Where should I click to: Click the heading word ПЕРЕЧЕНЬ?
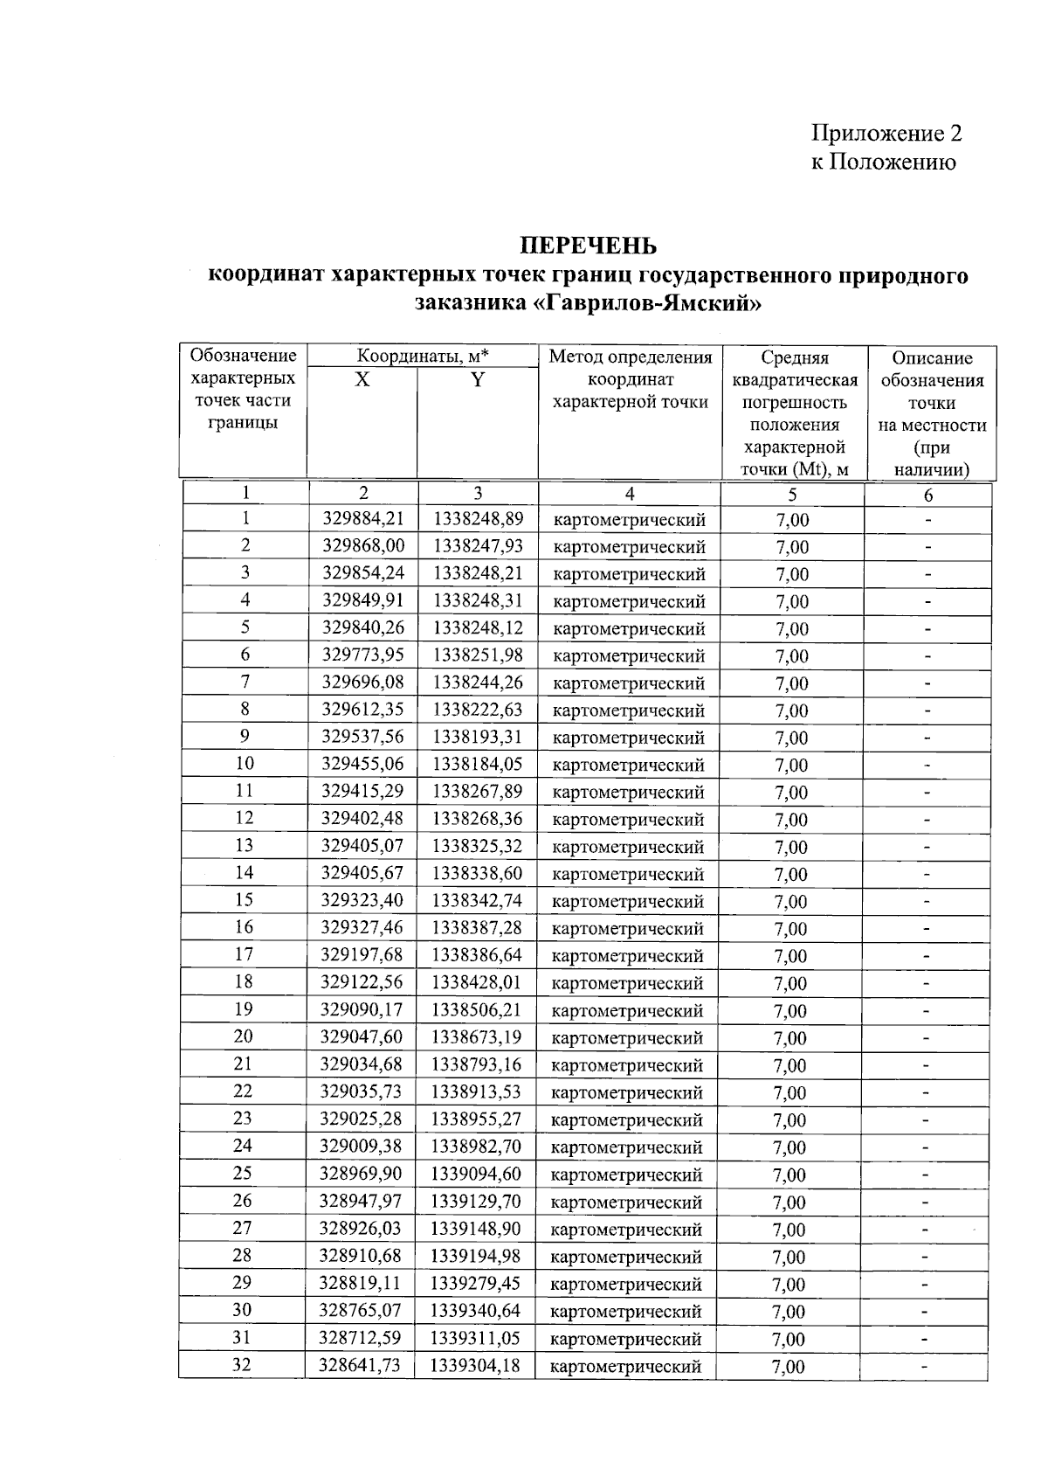(x=589, y=245)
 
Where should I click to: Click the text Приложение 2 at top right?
(x=887, y=133)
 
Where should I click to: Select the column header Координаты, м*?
(x=423, y=357)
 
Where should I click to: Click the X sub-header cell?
(x=362, y=380)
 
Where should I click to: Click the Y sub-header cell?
(x=477, y=380)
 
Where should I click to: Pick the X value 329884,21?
(x=362, y=519)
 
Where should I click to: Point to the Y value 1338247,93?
(x=478, y=546)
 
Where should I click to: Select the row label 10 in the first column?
(x=245, y=763)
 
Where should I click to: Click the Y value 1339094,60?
(x=477, y=1174)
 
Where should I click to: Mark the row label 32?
(x=242, y=1364)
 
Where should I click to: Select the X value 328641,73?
(x=361, y=1365)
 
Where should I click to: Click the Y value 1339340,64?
(x=476, y=1310)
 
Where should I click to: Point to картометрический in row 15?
(x=628, y=901)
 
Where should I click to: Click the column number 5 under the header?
(x=792, y=495)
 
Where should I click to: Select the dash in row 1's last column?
(x=928, y=520)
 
